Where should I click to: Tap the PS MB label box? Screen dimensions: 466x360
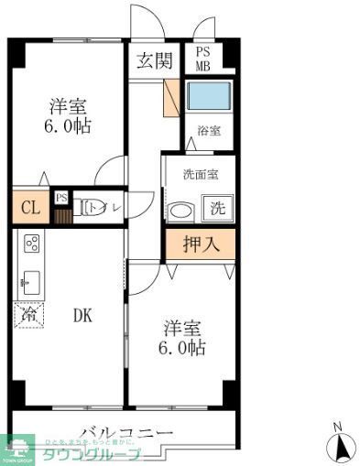(202, 59)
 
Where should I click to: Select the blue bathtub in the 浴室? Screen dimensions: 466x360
(208, 96)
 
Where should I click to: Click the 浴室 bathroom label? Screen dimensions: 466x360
(208, 132)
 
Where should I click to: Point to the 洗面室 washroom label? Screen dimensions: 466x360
(197, 174)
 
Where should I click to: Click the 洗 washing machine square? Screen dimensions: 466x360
(218, 208)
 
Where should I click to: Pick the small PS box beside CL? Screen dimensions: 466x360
(61, 198)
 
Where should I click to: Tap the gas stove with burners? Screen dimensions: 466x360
(30, 244)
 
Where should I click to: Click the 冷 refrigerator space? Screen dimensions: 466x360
(28, 314)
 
